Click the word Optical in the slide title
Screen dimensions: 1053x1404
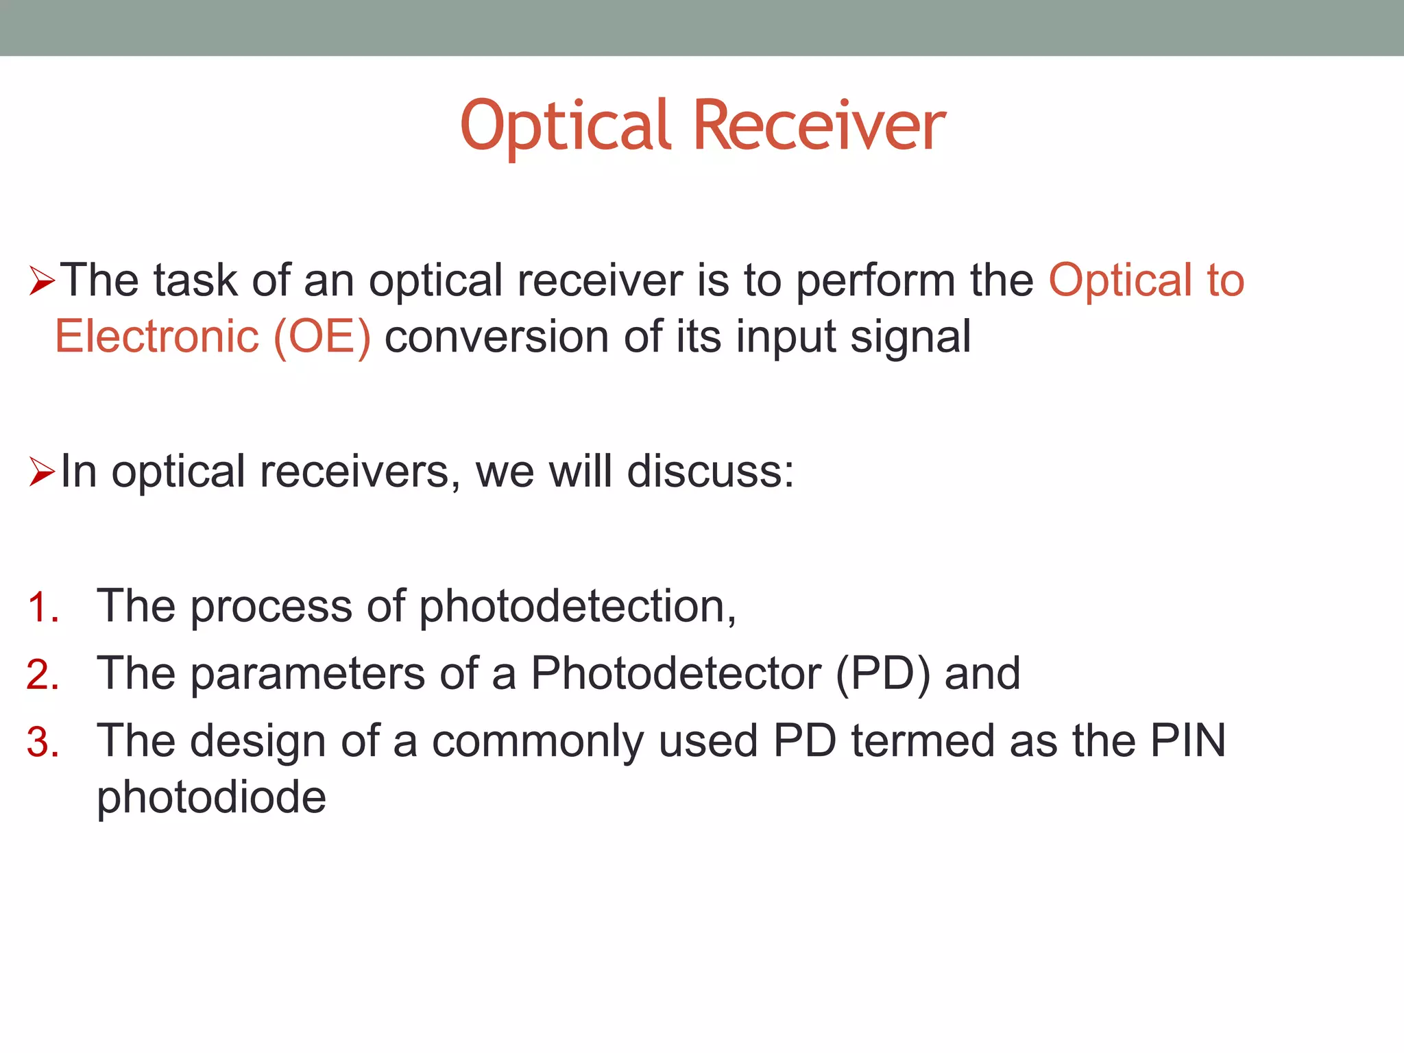565,127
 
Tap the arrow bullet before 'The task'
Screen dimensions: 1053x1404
42,282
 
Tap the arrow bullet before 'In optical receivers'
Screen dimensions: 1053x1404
42,473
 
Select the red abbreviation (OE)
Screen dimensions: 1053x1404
322,337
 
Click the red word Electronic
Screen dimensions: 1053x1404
156,337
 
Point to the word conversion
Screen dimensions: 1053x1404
496,337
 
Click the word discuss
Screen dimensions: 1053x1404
710,472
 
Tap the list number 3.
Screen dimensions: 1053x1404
43,742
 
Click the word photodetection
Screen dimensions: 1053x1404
577,607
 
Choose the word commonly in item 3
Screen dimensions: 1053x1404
537,742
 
